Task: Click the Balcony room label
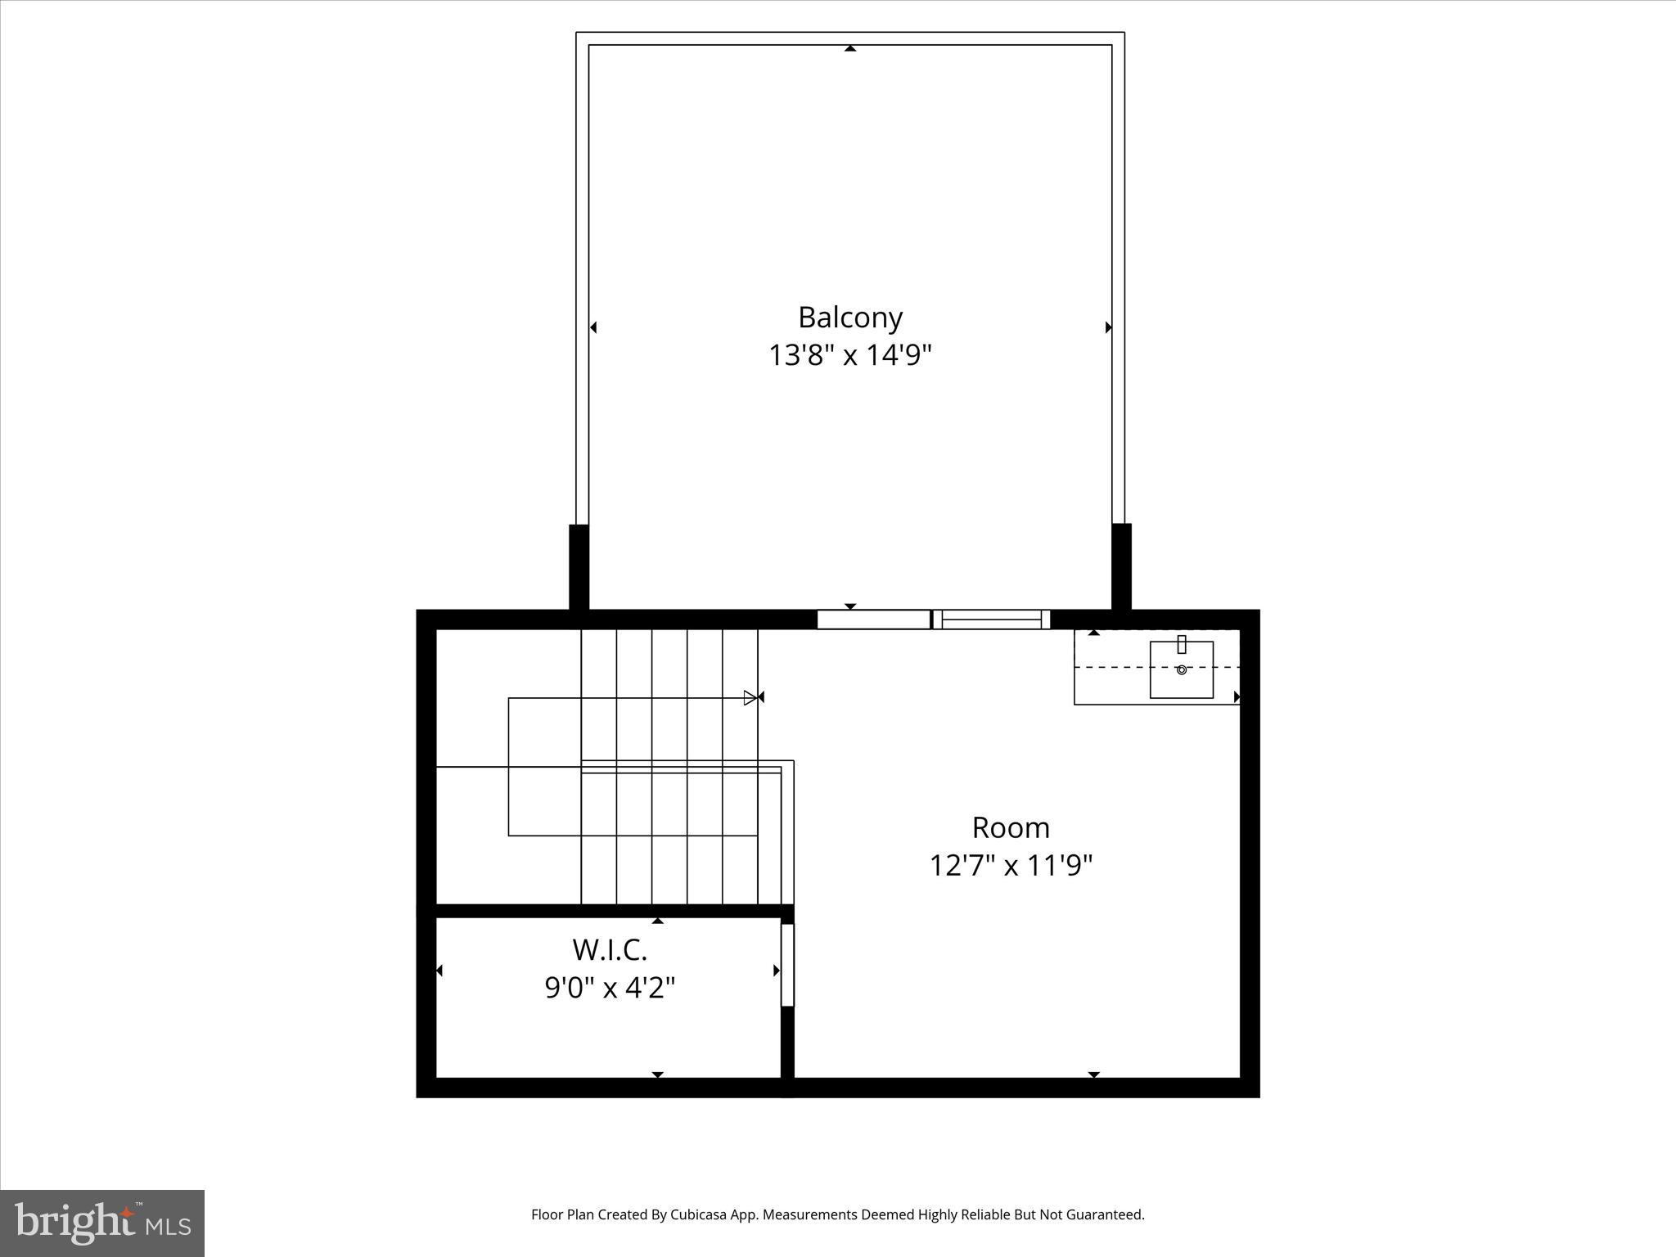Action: coord(850,317)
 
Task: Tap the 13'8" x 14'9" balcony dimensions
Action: coord(850,355)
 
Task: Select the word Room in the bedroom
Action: coord(1011,827)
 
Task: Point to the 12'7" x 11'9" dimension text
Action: coord(1011,865)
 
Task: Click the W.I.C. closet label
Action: coord(610,950)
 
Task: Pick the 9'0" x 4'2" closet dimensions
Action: coord(610,988)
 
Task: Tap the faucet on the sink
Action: coord(1181,644)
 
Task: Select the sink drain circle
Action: coord(1181,669)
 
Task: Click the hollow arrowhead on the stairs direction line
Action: coord(750,698)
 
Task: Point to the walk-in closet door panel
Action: coord(787,965)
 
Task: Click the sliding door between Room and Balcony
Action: coord(933,619)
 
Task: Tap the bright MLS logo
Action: coord(102,1223)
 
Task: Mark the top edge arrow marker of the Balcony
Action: coord(850,49)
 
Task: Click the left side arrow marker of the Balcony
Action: coord(593,327)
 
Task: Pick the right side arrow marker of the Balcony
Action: coord(1108,327)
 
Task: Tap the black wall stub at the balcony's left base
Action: coord(579,567)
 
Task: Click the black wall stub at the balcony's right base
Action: coord(1121,567)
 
